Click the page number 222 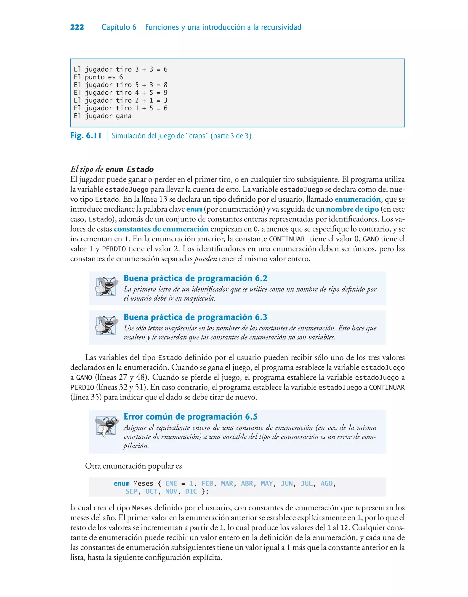coord(77,27)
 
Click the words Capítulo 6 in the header coord(119,27)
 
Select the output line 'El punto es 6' coord(98,77)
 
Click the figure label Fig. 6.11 coord(86,136)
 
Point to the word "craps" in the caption coord(197,136)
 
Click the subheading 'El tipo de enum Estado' coord(112,169)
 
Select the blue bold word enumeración coord(358,199)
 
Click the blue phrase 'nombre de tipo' coord(352,209)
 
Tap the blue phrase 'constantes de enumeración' coord(161,229)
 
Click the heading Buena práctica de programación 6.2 coord(195,278)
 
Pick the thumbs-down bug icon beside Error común coord(106,426)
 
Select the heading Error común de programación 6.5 coord(190,417)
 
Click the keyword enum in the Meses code coord(121,484)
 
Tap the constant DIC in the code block coord(191,491)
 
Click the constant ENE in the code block coord(171,484)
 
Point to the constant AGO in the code coord(326,484)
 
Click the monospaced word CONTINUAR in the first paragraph coord(287,239)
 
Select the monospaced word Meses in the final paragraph coord(142,508)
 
